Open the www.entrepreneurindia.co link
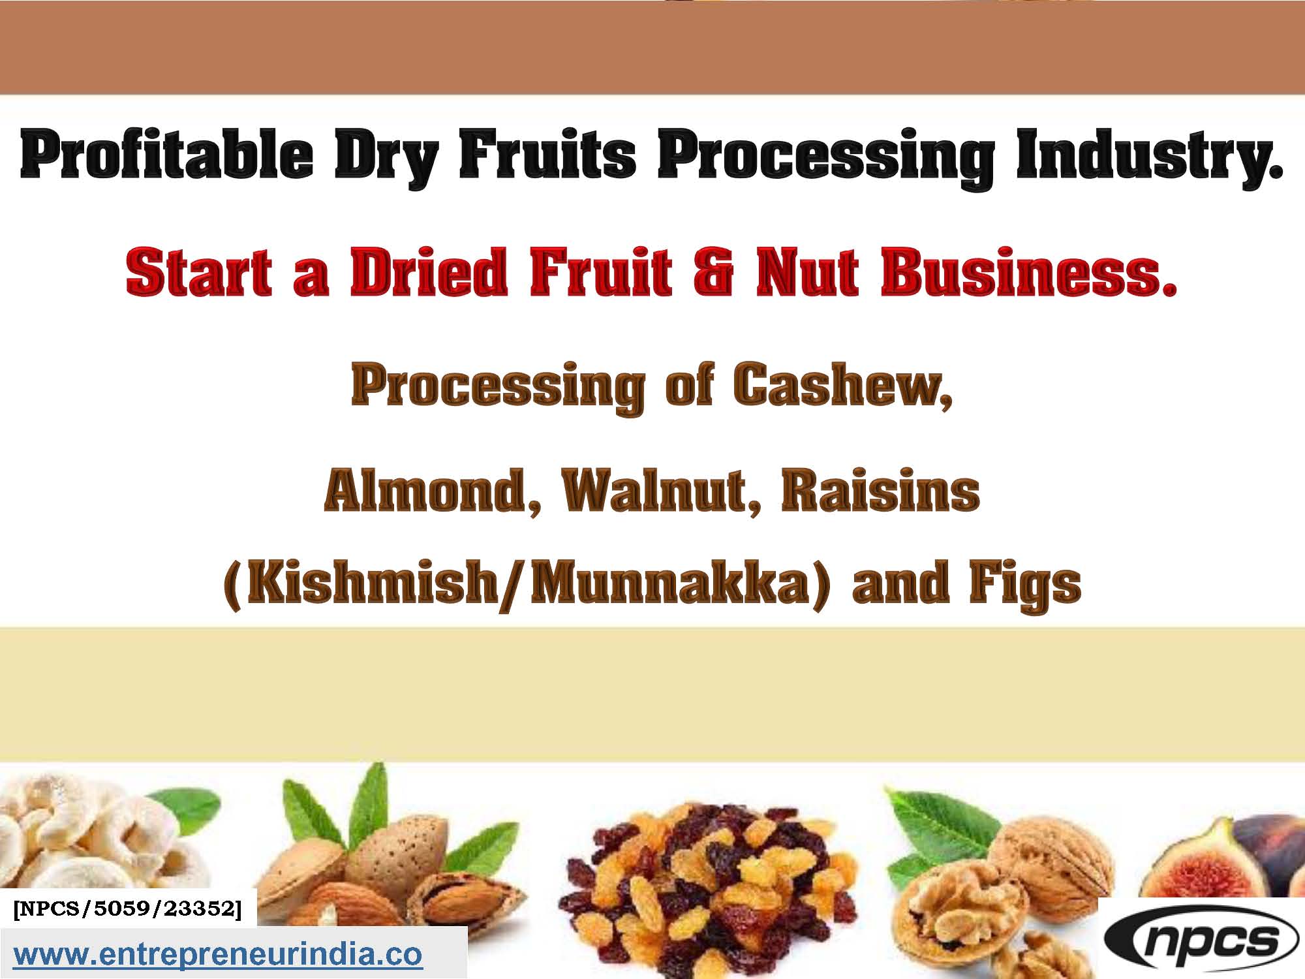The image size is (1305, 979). pyautogui.click(x=219, y=954)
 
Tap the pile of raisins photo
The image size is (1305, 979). pyautogui.click(x=705, y=888)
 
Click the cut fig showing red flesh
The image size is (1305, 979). pyautogui.click(x=1194, y=862)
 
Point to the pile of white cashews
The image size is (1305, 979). pyautogui.click(x=91, y=842)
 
